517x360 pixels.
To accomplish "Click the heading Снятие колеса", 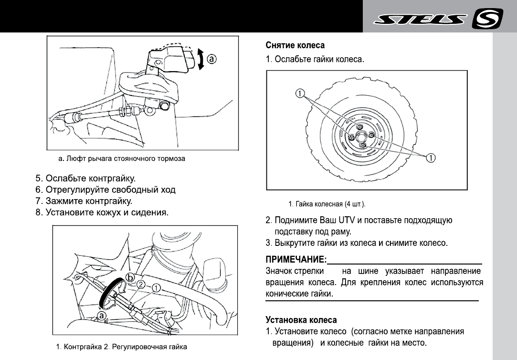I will (295, 45).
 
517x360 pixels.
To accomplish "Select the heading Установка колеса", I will (301, 319).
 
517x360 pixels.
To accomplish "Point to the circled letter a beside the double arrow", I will (211, 59).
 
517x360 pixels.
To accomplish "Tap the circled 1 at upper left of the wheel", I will (300, 94).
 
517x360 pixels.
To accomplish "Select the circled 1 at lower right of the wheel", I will (430, 158).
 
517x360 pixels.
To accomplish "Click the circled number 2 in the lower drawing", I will (141, 285).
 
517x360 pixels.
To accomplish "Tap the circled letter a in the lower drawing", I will (102, 315).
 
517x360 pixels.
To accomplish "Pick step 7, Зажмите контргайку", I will (84, 201).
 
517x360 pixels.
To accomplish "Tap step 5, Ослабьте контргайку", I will (86, 179).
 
